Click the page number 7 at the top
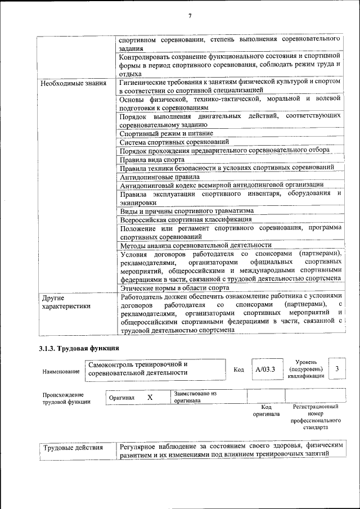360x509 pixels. pyautogui.click(x=190, y=15)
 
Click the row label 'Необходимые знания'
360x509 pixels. pyautogui.click(x=73, y=83)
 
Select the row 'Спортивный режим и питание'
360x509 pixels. pyautogui.click(x=166, y=133)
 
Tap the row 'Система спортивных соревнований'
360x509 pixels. pyautogui.click(x=174, y=142)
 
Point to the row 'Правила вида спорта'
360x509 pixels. pyautogui.click(x=152, y=159)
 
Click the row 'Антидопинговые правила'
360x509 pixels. pyautogui.click(x=160, y=176)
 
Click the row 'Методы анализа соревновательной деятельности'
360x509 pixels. pyautogui.click(x=196, y=245)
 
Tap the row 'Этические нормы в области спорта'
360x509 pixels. pyautogui.click(x=174, y=287)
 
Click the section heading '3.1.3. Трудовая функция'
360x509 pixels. pyautogui.click(x=79, y=349)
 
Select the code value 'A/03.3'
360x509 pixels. pyautogui.click(x=264, y=370)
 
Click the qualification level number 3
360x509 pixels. pyautogui.click(x=336, y=368)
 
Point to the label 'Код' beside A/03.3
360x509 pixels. pyautogui.click(x=238, y=370)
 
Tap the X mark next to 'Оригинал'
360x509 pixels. pyautogui.click(x=150, y=397)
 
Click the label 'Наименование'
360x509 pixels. pyautogui.click(x=61, y=372)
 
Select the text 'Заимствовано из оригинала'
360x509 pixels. pyautogui.click(x=195, y=397)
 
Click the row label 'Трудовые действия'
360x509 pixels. pyautogui.click(x=73, y=448)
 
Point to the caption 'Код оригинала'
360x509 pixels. pyautogui.click(x=267, y=410)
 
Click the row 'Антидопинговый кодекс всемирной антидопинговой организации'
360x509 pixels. pyautogui.click(x=222, y=184)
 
